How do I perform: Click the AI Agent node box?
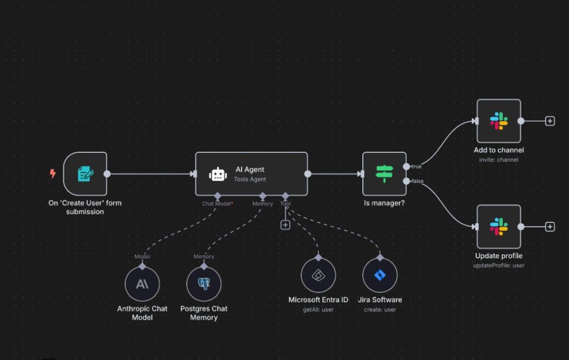(x=251, y=174)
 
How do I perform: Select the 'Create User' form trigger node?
(x=85, y=174)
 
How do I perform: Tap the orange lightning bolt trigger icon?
(x=53, y=174)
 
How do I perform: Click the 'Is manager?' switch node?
(x=384, y=174)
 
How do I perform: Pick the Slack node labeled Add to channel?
(x=498, y=121)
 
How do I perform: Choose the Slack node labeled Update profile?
(x=498, y=227)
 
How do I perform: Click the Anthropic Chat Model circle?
(x=142, y=284)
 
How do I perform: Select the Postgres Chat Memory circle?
(x=204, y=284)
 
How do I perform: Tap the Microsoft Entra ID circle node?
(x=318, y=275)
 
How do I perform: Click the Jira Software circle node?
(x=380, y=275)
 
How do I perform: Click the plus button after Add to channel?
(x=550, y=121)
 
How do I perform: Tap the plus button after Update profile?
(x=550, y=227)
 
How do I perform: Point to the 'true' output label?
(x=416, y=167)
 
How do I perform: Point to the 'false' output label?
(x=417, y=181)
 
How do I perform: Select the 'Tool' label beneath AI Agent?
(x=285, y=204)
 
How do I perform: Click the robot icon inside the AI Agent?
(x=218, y=174)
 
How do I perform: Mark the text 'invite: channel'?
(x=498, y=160)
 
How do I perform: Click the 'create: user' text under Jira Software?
(x=380, y=309)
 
